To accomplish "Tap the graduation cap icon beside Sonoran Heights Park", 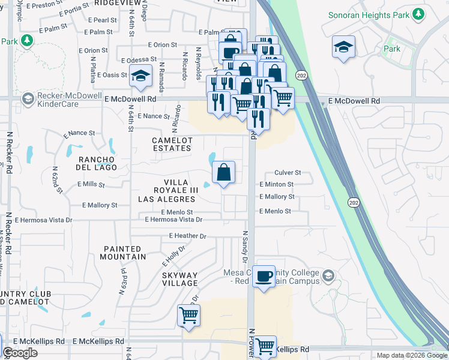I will (x=343, y=47).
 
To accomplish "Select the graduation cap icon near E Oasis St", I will (x=140, y=76).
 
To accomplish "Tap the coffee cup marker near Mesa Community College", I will (x=264, y=277).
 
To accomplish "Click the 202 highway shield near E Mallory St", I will (x=353, y=202).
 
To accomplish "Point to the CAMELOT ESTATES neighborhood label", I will (x=172, y=144).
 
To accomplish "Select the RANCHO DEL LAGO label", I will (x=96, y=163).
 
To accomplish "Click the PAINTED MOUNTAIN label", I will (x=124, y=253).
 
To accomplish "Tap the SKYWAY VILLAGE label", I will (x=180, y=278).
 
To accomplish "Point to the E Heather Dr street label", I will (x=187, y=236).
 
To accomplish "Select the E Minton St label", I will (x=276, y=185).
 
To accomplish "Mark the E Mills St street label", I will (x=91, y=184).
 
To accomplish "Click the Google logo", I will (x=20, y=353).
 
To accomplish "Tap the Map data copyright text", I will (x=411, y=355).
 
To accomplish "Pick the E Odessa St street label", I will (x=138, y=60).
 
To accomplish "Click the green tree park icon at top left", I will (x=26, y=41).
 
